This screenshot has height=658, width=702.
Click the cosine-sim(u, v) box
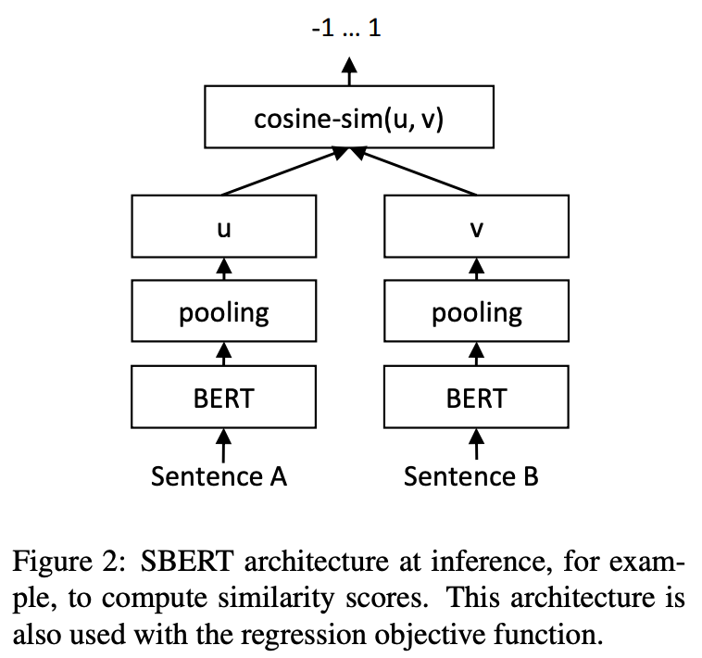(x=349, y=117)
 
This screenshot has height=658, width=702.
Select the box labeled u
(x=224, y=226)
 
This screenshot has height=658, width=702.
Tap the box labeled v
(x=476, y=226)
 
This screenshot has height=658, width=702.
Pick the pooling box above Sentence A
(x=224, y=310)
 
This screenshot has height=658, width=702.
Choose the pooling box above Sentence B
(x=476, y=310)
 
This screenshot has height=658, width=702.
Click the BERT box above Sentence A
(x=224, y=397)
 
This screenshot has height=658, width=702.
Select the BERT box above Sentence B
(x=476, y=397)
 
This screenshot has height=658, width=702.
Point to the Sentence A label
(x=219, y=476)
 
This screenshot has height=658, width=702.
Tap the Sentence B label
(x=471, y=476)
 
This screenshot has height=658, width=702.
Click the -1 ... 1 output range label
(x=346, y=28)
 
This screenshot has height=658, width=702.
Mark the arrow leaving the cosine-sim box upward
(x=349, y=71)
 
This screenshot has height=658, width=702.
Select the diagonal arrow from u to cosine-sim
(x=285, y=171)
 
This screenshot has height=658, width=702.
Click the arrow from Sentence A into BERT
(x=224, y=446)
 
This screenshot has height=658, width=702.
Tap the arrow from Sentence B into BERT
(x=476, y=444)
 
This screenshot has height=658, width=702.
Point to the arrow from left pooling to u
(x=224, y=269)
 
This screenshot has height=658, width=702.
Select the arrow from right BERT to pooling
(x=476, y=354)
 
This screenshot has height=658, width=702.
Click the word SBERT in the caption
(x=187, y=561)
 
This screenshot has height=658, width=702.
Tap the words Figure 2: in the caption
(x=68, y=561)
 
